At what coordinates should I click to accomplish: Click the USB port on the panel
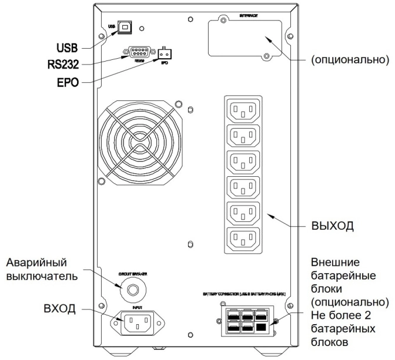pyautogui.click(x=125, y=27)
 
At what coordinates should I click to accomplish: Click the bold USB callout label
pyautogui.click(x=66, y=46)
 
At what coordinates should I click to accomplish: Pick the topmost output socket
pyautogui.click(x=243, y=110)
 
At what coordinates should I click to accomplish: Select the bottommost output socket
pyautogui.click(x=243, y=238)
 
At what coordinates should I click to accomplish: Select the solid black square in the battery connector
pyautogui.click(x=262, y=328)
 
